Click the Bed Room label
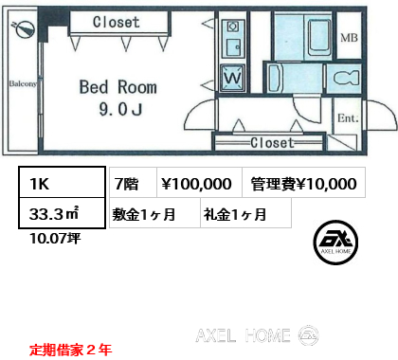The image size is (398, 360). (x=118, y=87)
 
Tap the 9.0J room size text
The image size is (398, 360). (x=120, y=109)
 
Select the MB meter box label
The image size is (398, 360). (x=349, y=38)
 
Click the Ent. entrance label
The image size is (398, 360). (x=348, y=118)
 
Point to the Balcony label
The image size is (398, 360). (x=23, y=83)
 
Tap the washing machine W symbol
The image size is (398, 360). (x=233, y=78)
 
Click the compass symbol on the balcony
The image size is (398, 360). (x=23, y=28)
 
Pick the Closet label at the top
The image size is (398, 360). (x=117, y=22)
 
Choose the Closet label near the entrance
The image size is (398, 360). (x=272, y=143)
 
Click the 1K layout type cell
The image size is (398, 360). (x=62, y=183)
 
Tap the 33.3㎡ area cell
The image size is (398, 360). (x=62, y=213)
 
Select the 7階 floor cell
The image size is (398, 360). (x=133, y=183)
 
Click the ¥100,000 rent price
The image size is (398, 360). (x=196, y=184)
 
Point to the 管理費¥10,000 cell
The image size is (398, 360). (x=303, y=183)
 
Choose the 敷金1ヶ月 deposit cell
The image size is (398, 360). (x=154, y=213)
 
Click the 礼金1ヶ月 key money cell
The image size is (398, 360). (x=245, y=213)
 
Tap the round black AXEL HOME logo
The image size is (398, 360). (x=335, y=243)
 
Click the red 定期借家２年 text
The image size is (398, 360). (x=70, y=350)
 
